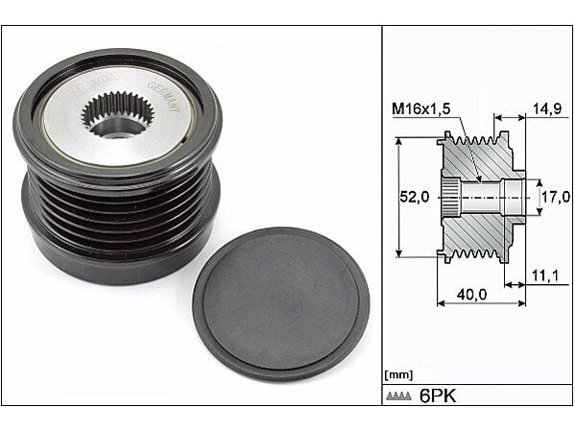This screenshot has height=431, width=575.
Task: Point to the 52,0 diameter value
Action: (x=413, y=197)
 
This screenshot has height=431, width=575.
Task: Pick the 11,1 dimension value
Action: (x=545, y=276)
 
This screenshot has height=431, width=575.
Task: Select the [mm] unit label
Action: (x=398, y=374)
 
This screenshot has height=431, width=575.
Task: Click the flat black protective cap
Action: (x=280, y=302)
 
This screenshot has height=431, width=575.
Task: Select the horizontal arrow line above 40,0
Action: (x=481, y=303)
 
